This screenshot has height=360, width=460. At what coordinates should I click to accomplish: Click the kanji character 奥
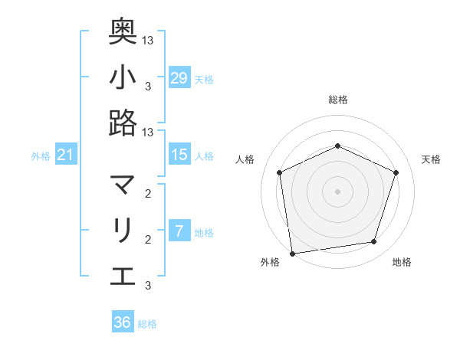(123, 30)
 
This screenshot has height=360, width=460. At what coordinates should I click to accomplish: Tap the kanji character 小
(123, 77)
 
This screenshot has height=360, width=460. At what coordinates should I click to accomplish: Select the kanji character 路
(123, 123)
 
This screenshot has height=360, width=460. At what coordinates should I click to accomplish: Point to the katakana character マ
(123, 185)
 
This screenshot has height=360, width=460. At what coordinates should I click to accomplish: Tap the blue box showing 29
(179, 77)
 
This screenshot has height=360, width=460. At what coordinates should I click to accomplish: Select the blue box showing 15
(179, 155)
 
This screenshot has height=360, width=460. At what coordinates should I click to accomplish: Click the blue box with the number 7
(179, 231)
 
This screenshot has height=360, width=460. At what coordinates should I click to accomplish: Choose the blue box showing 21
(66, 155)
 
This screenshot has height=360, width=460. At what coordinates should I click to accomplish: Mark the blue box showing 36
(123, 322)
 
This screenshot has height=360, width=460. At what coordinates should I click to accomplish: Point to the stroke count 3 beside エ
(148, 286)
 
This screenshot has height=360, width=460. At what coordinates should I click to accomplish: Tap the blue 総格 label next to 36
(148, 324)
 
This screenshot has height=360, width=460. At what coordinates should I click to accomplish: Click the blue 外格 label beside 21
(41, 156)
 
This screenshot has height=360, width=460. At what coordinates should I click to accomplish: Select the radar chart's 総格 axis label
(337, 100)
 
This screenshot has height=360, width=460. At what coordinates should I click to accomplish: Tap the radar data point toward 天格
(396, 172)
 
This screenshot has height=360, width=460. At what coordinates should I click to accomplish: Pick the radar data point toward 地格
(374, 242)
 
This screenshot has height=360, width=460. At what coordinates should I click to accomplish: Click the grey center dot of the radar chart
(337, 191)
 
